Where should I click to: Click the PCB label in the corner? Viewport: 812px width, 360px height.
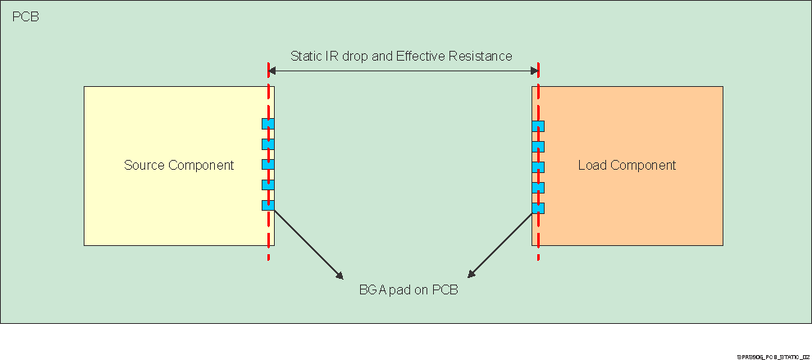[25, 16]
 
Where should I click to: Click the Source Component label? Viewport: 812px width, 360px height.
[179, 165]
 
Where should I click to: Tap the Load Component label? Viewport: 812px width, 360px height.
[627, 165]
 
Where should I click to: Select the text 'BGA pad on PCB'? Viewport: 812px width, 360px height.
[408, 289]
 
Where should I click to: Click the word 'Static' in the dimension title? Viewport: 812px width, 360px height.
[308, 56]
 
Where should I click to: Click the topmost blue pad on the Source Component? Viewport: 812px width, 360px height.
[267, 124]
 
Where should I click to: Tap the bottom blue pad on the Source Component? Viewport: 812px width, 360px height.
[267, 205]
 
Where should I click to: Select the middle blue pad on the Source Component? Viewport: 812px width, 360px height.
[267, 164]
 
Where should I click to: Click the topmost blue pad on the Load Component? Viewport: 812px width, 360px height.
[538, 126]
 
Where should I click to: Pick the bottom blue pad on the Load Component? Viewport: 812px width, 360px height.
[538, 207]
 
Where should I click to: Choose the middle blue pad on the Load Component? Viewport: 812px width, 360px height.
[538, 167]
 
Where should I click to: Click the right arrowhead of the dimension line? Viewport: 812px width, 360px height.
[533, 71]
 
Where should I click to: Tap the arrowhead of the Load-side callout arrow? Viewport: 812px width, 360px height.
[471, 275]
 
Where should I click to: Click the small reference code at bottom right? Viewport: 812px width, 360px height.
[773, 357]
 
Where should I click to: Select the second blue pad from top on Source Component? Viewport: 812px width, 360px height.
[267, 144]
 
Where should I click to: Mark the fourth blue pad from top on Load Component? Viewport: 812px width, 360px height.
[538, 188]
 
